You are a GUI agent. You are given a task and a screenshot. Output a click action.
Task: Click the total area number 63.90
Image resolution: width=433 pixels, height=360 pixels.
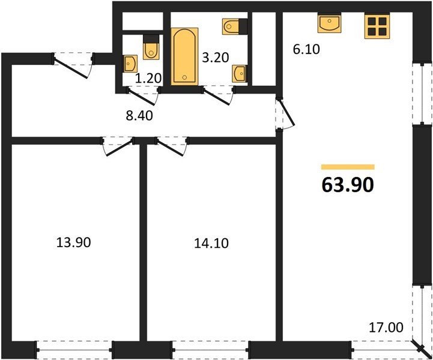coord(348,184)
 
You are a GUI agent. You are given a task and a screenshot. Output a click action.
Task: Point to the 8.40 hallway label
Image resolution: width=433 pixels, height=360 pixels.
coord(139,115)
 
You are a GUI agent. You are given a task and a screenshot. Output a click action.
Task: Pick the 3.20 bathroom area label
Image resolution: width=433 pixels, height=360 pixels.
coord(215,58)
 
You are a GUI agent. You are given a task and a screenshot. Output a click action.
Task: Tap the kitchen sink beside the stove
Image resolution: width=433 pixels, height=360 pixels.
coord(329,25)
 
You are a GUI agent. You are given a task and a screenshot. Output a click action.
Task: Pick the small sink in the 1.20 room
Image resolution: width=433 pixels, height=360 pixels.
coord(130,62)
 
